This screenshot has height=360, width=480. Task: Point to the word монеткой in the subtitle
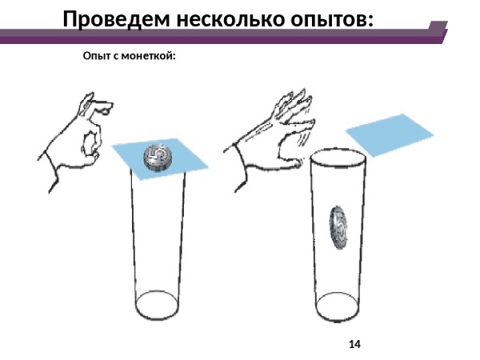click(x=148, y=58)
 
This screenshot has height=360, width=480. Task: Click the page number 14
click(x=354, y=344)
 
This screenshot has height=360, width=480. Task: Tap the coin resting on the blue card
click(x=158, y=157)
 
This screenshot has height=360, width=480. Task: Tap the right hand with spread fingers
click(x=276, y=136)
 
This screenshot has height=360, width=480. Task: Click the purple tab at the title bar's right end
click(x=435, y=30)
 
